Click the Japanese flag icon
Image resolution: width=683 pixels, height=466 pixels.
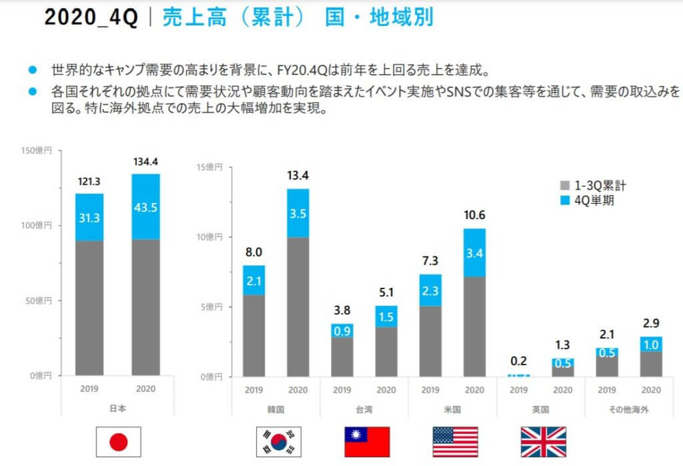coord(119,441)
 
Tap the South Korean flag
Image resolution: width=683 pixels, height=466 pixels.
coord(279,441)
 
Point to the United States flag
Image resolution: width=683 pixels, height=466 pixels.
coord(456,441)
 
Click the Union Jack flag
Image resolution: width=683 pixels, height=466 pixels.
coord(543,441)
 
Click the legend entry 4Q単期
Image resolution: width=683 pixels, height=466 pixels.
coord(588,200)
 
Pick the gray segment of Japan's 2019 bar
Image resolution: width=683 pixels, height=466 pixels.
coord(89,307)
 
